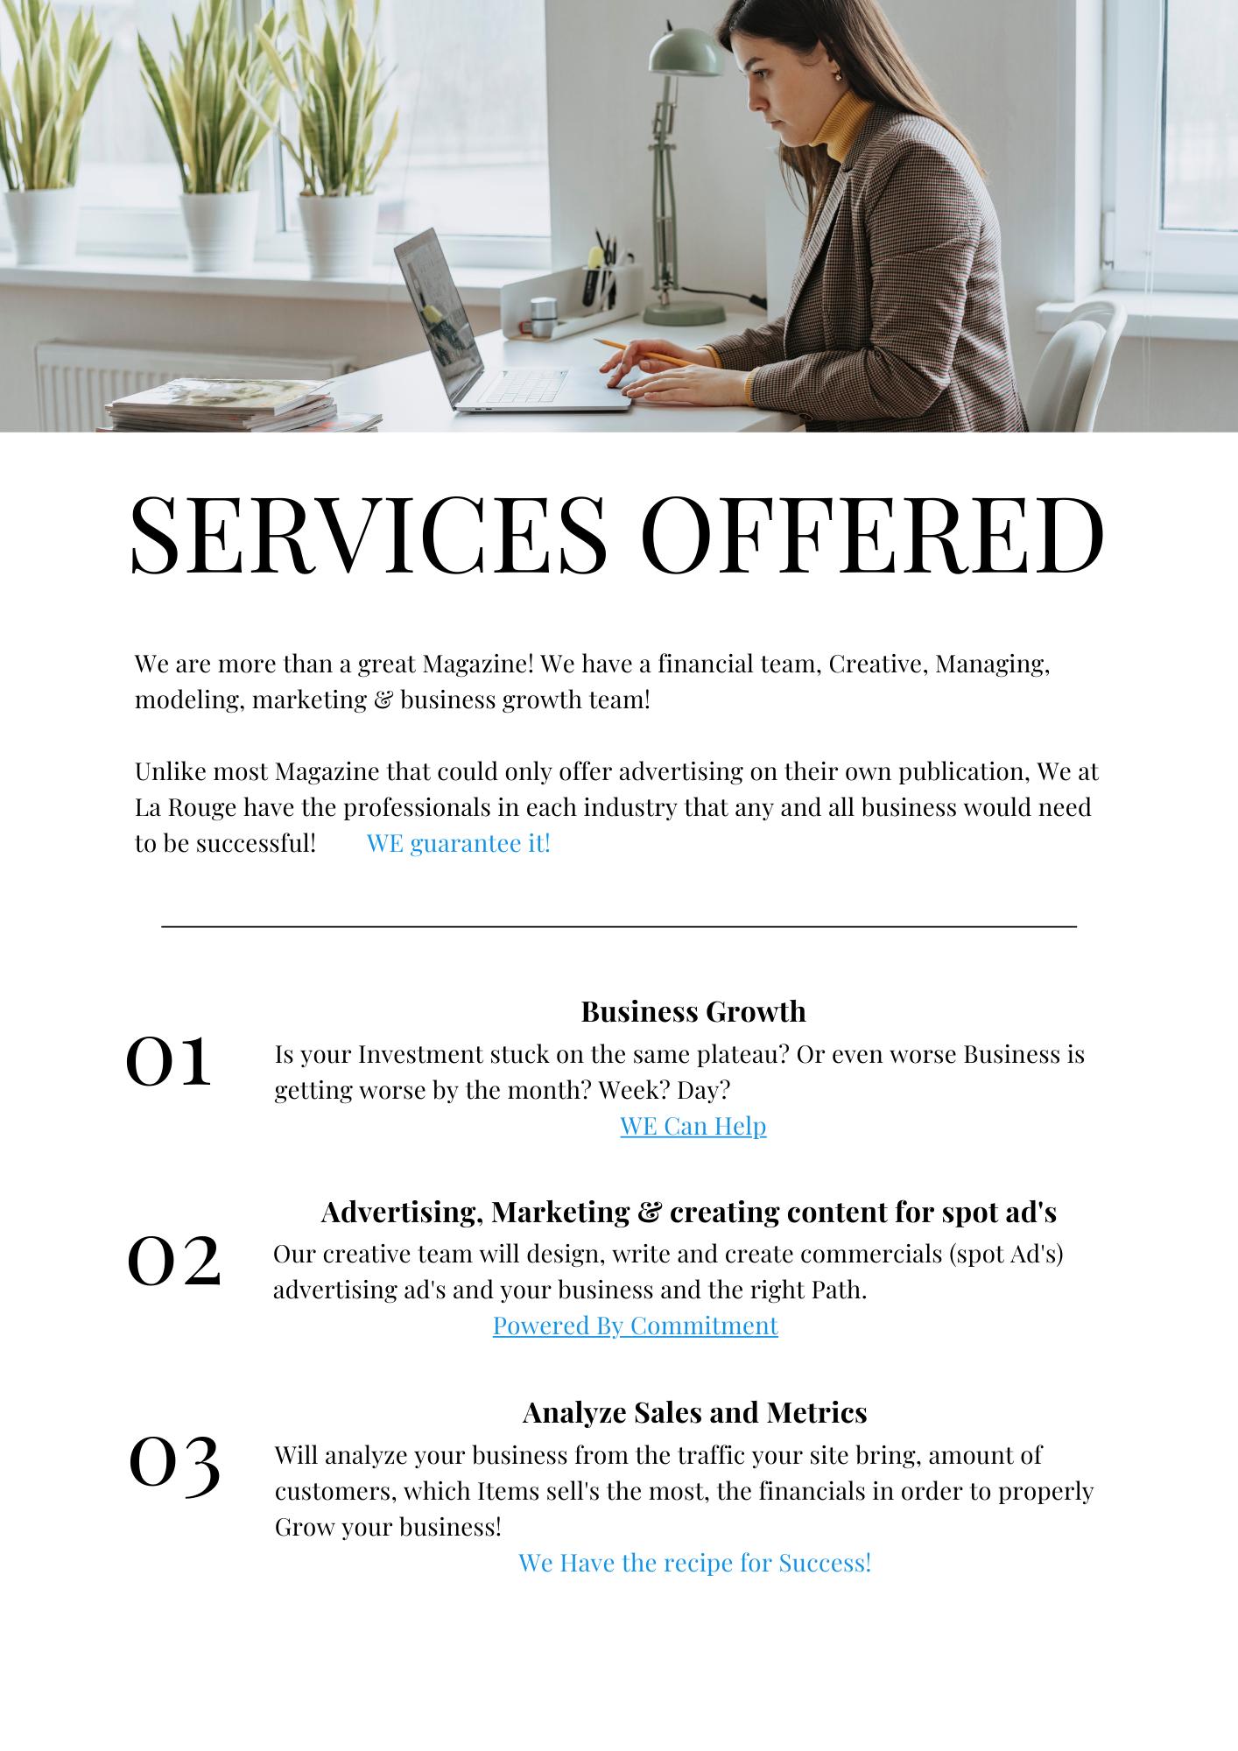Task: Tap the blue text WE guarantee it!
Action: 458,843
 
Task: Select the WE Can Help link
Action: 693,1125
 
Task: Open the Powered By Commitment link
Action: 635,1325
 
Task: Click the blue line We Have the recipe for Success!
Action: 694,1562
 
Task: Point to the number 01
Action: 169,1061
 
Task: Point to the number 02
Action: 174,1262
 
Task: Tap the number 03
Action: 174,1463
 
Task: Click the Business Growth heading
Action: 693,1011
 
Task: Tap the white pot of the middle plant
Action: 218,229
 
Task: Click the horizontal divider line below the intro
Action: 618,925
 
